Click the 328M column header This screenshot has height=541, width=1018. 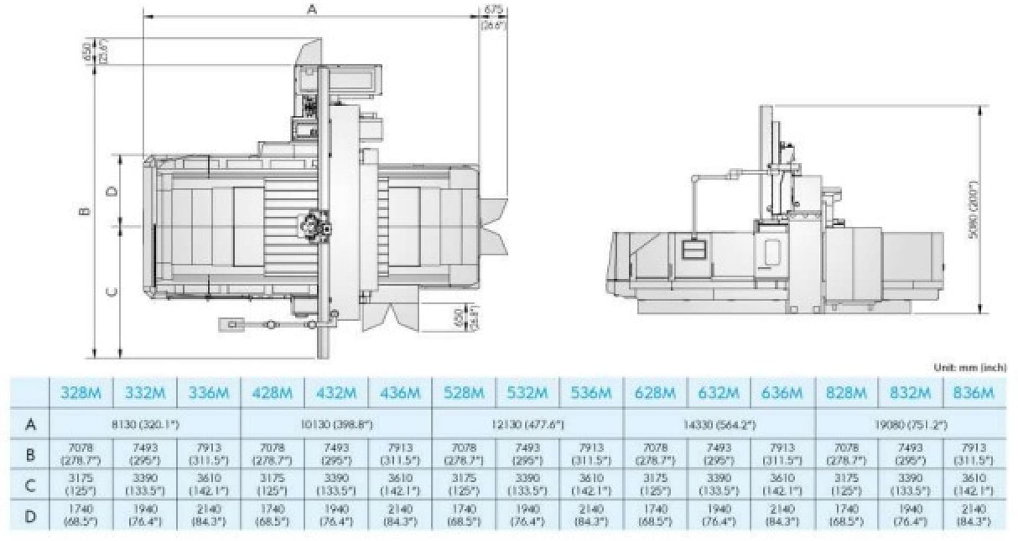point(81,393)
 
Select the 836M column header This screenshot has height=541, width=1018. point(973,393)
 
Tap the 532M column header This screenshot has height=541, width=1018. point(528,393)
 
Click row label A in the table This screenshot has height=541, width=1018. point(31,425)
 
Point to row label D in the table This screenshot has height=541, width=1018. point(31,516)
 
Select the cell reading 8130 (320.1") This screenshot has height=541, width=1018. point(145,425)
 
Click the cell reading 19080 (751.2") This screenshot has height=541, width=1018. point(910,425)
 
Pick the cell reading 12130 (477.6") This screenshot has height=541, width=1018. point(528,425)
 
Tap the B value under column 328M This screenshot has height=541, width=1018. point(81,454)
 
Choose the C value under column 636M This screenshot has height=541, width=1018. point(782,484)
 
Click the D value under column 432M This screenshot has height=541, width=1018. point(336,515)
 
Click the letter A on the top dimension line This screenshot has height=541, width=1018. point(312,9)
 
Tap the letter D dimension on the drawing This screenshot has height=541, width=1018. point(112,191)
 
